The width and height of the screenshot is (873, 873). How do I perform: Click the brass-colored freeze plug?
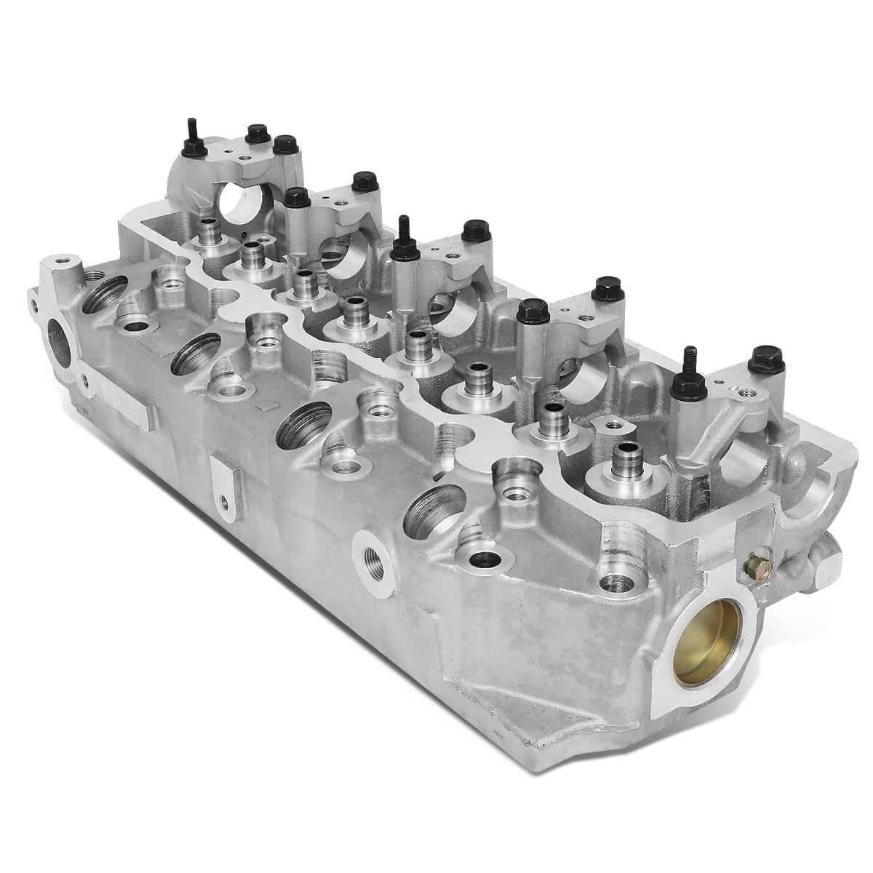click(700, 651)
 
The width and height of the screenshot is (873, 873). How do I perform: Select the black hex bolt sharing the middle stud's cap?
click(473, 231)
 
